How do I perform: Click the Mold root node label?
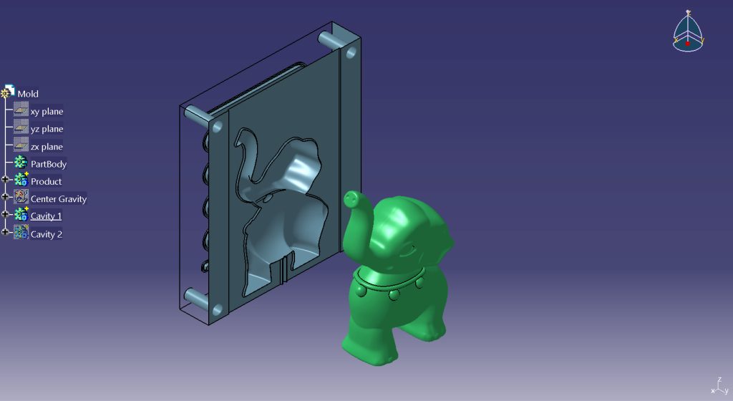28,94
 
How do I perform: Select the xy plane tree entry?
47,111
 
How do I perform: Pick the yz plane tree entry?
47,128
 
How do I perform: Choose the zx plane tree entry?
47,146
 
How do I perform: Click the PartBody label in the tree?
49,164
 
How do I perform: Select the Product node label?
46,181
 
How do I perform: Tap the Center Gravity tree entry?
59,198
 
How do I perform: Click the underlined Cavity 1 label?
46,216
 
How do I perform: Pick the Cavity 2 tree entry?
47,234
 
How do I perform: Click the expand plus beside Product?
5,180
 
